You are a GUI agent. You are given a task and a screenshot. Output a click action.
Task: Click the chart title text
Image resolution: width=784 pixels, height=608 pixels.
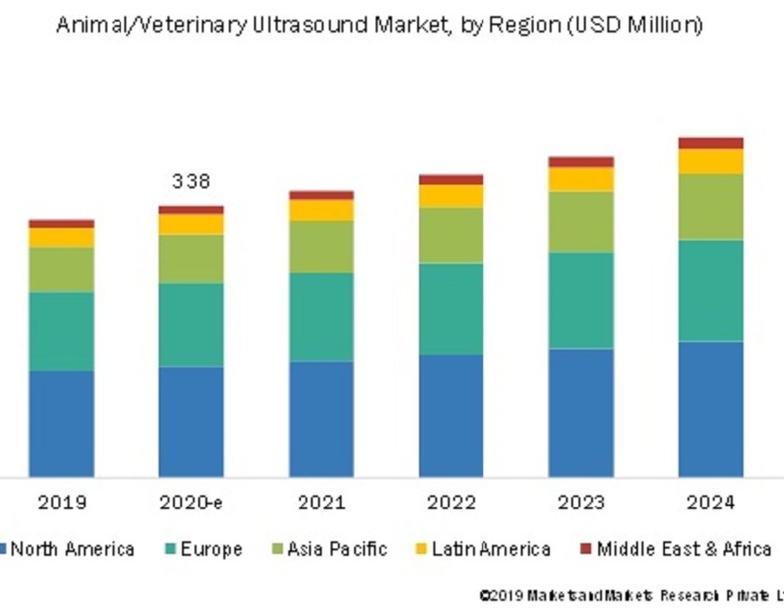379,25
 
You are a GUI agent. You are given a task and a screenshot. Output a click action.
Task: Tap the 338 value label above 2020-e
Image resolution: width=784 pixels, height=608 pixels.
191,181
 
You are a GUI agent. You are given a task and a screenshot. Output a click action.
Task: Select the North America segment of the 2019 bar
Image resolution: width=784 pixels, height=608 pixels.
61,423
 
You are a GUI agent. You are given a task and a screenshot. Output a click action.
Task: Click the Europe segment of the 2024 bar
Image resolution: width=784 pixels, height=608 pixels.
711,290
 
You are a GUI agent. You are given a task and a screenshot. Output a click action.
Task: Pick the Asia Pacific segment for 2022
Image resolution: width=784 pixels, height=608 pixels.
451,235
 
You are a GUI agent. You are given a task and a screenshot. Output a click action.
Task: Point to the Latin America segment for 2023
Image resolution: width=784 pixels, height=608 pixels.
581,179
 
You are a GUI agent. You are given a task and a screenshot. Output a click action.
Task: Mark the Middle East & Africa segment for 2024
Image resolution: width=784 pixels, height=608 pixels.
711,143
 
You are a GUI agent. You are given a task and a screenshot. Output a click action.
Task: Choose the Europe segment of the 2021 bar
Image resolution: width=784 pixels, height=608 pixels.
321,317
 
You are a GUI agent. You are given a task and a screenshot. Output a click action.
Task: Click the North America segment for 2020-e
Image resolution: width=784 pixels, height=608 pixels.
191,422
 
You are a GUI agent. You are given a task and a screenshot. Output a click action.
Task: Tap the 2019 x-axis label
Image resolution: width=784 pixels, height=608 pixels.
61,503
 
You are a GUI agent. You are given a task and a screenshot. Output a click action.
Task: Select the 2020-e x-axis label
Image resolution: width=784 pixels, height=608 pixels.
191,503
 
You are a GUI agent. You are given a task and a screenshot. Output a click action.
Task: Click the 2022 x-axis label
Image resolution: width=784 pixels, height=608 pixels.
451,503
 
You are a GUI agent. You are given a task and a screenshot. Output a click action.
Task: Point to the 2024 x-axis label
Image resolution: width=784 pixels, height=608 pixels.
711,503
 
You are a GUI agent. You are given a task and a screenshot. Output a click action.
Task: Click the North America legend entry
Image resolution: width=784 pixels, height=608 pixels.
68,549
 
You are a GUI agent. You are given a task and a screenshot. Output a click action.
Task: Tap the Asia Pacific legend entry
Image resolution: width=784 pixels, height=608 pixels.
329,549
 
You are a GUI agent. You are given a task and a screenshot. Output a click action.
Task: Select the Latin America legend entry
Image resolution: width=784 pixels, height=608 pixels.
482,549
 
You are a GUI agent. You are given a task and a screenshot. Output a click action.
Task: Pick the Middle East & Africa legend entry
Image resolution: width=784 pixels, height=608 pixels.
676,549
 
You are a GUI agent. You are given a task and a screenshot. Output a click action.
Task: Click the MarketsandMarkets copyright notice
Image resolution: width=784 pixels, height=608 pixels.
631,595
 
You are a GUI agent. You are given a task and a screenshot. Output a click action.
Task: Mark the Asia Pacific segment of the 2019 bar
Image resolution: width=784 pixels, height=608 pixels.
61,269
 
